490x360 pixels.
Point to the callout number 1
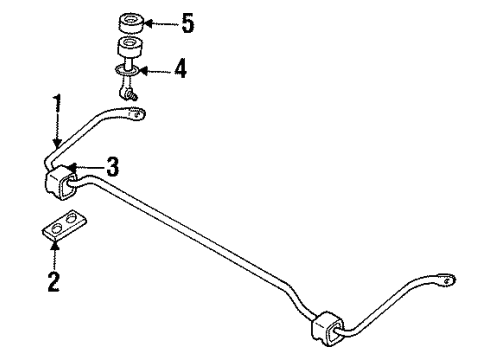pos(57,102)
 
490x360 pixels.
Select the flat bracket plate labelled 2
pos(63,229)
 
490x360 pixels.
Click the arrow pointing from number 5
pos(160,21)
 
